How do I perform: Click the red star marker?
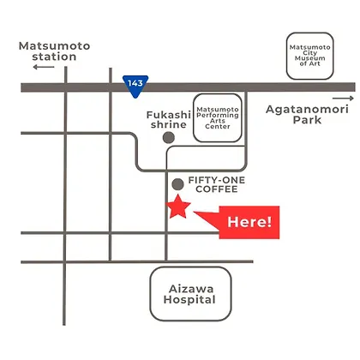[x=178, y=207]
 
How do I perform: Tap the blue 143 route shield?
[x=135, y=86]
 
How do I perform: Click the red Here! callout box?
[x=249, y=222]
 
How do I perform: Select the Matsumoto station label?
[x=54, y=51]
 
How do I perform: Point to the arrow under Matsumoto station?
[x=44, y=67]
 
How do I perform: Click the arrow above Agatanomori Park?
[x=343, y=99]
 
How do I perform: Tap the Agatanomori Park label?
[x=307, y=114]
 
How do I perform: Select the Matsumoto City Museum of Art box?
[x=310, y=56]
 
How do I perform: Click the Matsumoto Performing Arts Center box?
[x=218, y=117]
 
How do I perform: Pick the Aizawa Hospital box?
[x=190, y=294]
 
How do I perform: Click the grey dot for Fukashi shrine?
[x=169, y=138]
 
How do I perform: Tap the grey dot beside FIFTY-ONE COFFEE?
[x=177, y=184]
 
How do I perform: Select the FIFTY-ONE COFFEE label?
[x=217, y=184]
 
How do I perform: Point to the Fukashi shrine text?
[x=169, y=120]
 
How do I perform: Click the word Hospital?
[x=189, y=300]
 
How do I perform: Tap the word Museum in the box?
[x=310, y=58]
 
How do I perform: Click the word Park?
[x=307, y=120]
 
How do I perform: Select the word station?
[x=54, y=57]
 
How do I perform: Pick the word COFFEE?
[x=217, y=189]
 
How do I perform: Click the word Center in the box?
[x=218, y=126]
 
